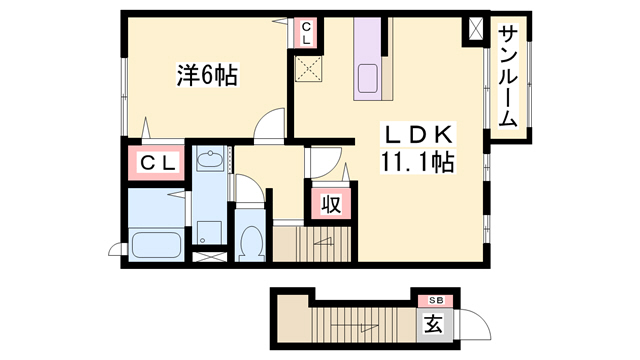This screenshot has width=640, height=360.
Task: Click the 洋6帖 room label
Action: pyautogui.click(x=206, y=75)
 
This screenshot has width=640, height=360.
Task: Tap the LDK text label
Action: pyautogui.click(x=418, y=135)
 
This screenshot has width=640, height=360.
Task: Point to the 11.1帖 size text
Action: pyautogui.click(x=418, y=162)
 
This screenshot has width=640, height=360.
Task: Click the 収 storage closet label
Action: pyautogui.click(x=331, y=204)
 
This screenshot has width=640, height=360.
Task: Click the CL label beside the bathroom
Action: pyautogui.click(x=157, y=163)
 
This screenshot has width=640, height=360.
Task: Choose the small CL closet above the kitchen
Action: pyautogui.click(x=307, y=32)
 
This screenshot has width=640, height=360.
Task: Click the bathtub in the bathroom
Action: pyautogui.click(x=156, y=244)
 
